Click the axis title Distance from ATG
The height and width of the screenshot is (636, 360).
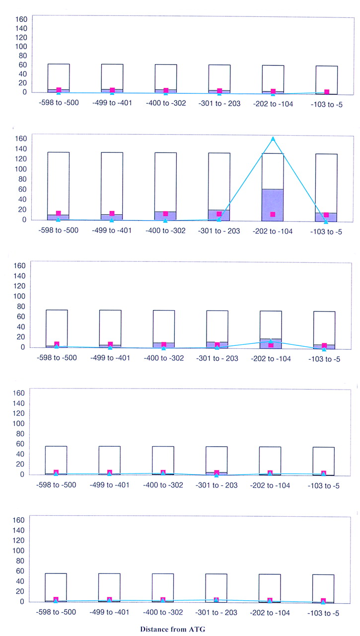(x=172, y=629)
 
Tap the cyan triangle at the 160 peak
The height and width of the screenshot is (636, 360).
(x=273, y=139)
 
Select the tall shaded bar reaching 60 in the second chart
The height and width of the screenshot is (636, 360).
(x=273, y=205)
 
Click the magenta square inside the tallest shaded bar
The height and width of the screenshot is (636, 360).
(x=273, y=214)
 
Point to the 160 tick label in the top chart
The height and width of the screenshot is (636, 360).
(x=21, y=19)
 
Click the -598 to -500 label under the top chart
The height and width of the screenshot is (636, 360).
(x=59, y=102)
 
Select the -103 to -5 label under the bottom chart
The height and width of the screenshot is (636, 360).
(x=323, y=613)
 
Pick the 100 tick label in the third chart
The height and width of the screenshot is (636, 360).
(x=19, y=296)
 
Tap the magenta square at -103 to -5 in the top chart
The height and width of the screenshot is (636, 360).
(x=327, y=92)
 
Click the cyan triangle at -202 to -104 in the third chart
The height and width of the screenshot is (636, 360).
(x=271, y=341)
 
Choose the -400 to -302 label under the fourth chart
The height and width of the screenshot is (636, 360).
(x=163, y=485)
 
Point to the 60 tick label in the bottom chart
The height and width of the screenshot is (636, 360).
(x=20, y=571)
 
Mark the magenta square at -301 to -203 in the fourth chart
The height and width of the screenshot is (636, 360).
(x=216, y=473)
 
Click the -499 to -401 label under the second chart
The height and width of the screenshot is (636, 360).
(x=112, y=230)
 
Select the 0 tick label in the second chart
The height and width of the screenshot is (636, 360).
(x=24, y=220)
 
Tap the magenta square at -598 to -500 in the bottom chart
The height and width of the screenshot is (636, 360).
(x=56, y=599)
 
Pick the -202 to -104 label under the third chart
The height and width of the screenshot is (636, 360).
(x=271, y=359)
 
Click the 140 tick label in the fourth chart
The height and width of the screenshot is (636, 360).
(x=19, y=403)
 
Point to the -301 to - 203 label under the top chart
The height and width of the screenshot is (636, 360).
(x=219, y=103)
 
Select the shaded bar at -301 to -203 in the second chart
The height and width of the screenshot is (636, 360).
(x=219, y=215)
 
